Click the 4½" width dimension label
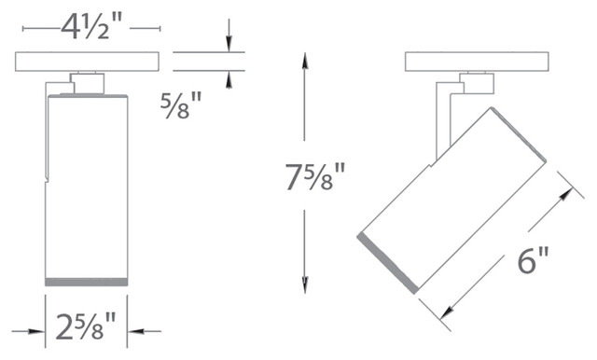[90, 28]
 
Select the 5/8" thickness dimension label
[181, 105]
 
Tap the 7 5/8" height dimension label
[315, 176]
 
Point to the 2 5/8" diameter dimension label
[86, 326]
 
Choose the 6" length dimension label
[533, 259]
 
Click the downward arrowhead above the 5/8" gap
[229, 44]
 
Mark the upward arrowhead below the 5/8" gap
[229, 80]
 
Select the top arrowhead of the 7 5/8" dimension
[305, 61]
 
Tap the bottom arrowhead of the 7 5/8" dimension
[305, 284]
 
